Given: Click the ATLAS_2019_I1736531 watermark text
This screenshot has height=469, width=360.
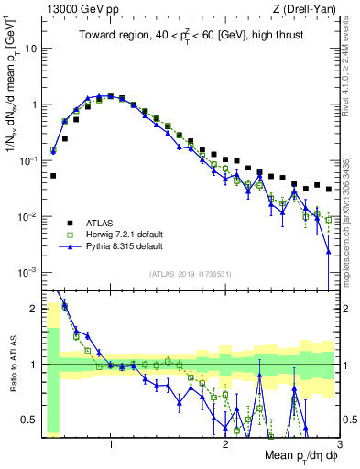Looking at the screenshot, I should [x=191, y=274].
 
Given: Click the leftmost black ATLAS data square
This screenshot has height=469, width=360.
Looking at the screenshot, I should [x=53, y=175].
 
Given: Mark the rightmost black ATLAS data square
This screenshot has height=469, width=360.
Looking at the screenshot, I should [x=329, y=190].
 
